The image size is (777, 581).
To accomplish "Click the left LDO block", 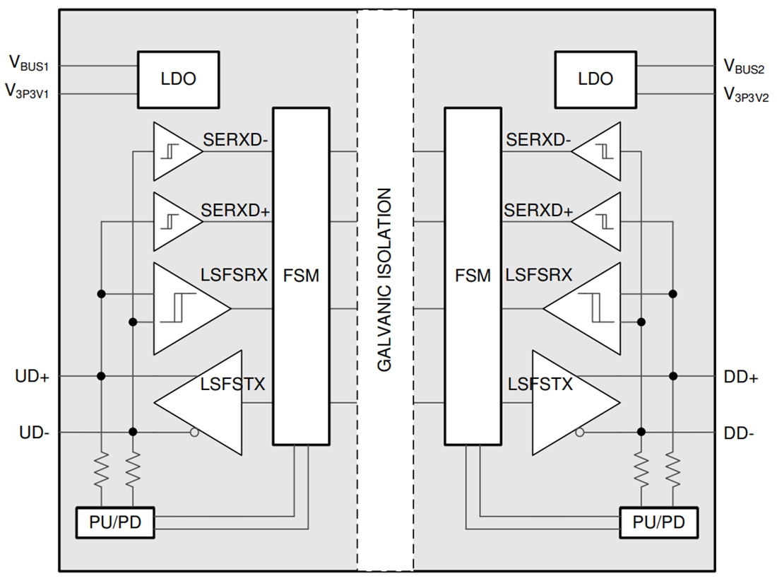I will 178,78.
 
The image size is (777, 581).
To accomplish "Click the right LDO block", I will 595,78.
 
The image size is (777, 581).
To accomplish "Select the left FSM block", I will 301,276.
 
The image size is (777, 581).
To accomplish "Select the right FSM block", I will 473,276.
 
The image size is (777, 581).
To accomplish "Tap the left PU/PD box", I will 114,523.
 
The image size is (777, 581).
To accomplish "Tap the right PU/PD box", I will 658,523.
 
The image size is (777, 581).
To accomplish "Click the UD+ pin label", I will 32,377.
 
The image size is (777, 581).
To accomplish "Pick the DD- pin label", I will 740,433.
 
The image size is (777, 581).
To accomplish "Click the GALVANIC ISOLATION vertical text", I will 384,279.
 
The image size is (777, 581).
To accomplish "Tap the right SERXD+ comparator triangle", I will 600,222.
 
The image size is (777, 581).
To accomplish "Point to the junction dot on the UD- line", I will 132,432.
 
